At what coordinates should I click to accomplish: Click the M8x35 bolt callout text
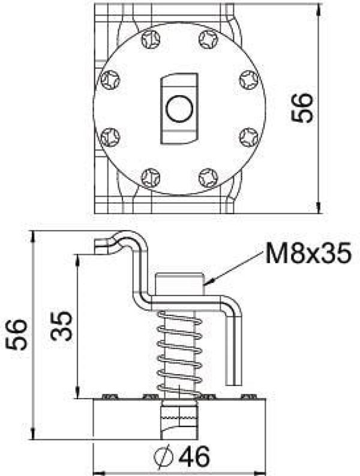[x=307, y=254]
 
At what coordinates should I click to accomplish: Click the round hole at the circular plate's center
[x=179, y=109]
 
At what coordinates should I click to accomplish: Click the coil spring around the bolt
[x=179, y=354]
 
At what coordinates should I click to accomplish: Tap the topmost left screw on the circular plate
[x=150, y=40]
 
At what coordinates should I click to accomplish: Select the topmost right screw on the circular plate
[x=208, y=40]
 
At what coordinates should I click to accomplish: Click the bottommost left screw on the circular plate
[x=150, y=177]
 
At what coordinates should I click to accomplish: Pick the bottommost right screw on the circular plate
[x=208, y=177]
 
